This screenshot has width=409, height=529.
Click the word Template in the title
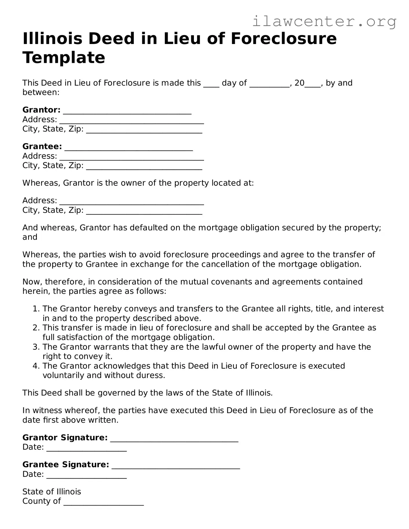pos(64,57)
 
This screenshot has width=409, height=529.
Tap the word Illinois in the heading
pos(50,39)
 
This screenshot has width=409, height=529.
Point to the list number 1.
pos(35,309)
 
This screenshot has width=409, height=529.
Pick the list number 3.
pos(35,347)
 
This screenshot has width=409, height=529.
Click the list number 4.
pos(35,366)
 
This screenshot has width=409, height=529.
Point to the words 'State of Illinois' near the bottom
pos(52,492)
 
